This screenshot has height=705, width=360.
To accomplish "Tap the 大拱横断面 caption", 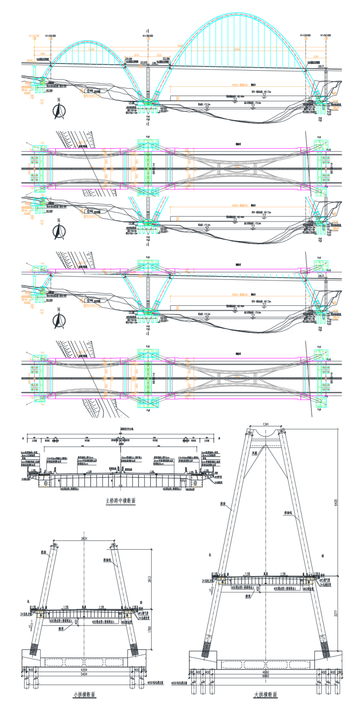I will (265, 695).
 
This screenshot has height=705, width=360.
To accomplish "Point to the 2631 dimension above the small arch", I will (84, 539).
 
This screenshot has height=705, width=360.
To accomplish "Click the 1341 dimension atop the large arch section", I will (264, 424).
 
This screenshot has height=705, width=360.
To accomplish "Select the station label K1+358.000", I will (148, 36).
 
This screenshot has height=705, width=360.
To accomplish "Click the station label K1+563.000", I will (326, 36).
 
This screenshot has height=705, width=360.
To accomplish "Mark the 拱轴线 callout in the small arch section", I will (108, 560).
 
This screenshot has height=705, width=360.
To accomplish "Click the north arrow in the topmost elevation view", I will (59, 110).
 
